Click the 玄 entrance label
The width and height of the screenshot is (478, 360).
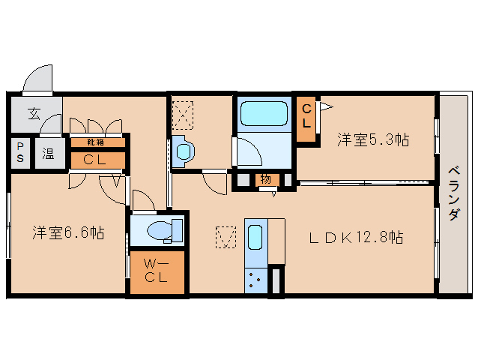pyautogui.click(x=34, y=114)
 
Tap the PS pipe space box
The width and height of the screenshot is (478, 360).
pyautogui.click(x=20, y=154)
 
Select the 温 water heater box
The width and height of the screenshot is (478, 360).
pyautogui.click(x=48, y=154)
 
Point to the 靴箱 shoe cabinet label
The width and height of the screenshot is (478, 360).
pyautogui.click(x=95, y=142)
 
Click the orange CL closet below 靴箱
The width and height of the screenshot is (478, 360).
pyautogui.click(x=96, y=159)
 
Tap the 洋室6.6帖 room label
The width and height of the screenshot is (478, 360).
pyautogui.click(x=67, y=232)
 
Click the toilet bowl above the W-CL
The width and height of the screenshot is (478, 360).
pyautogui.click(x=160, y=229)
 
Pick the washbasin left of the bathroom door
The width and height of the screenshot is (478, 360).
pyautogui.click(x=184, y=151)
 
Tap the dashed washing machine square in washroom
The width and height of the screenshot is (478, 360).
pyautogui.click(x=184, y=115)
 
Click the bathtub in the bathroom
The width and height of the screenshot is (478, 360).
pyautogui.click(x=264, y=115)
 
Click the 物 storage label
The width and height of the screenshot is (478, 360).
pyautogui.click(x=265, y=179)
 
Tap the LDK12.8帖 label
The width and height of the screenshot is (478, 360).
pyautogui.click(x=357, y=238)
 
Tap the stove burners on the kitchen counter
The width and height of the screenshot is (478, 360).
pyautogui.click(x=255, y=280)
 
